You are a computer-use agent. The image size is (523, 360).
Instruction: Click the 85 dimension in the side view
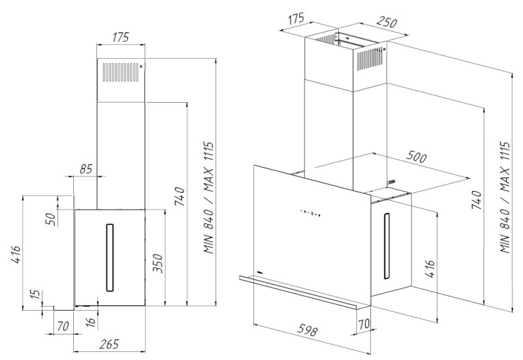pos(85,169)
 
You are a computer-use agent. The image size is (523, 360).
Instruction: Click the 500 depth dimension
pos(417,158)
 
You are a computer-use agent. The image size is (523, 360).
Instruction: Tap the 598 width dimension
pos(306,332)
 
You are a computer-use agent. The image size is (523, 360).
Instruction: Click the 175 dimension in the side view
pos(120,38)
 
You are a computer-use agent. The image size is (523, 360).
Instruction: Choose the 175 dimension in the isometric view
pos(296,18)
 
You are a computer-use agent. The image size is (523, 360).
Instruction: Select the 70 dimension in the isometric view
pos(364,323)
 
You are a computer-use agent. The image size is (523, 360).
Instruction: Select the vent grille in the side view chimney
pos(121,72)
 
